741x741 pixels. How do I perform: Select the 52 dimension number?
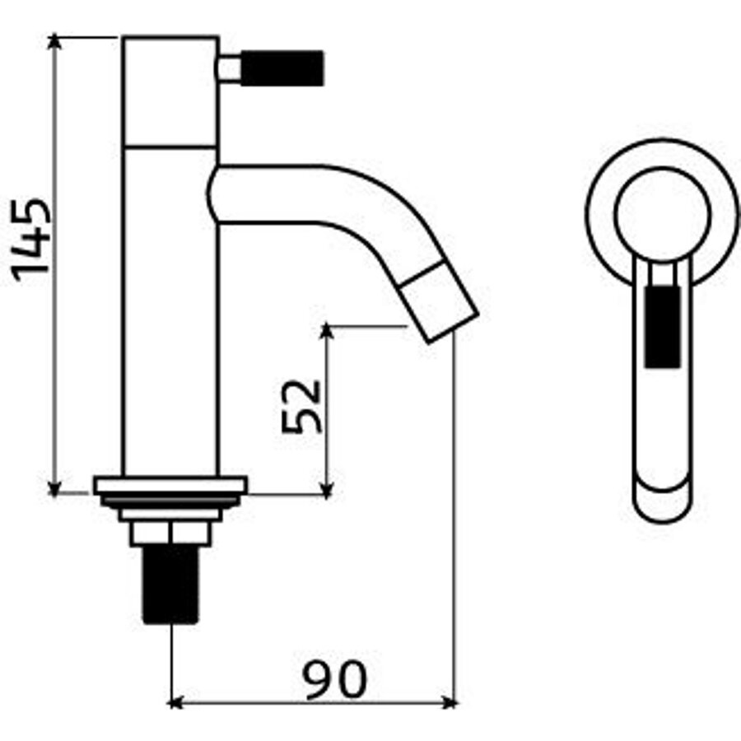(x=301, y=406)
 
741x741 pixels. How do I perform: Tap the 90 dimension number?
(x=333, y=680)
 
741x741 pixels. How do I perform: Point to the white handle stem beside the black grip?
(x=230, y=68)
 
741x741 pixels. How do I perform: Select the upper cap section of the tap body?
(x=170, y=91)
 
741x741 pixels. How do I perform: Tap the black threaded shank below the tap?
(x=170, y=585)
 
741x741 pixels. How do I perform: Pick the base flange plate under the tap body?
(x=170, y=486)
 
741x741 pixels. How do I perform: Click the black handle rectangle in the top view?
(x=663, y=324)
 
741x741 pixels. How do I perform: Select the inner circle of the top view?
(x=662, y=212)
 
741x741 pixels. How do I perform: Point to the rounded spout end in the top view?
(x=662, y=502)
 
